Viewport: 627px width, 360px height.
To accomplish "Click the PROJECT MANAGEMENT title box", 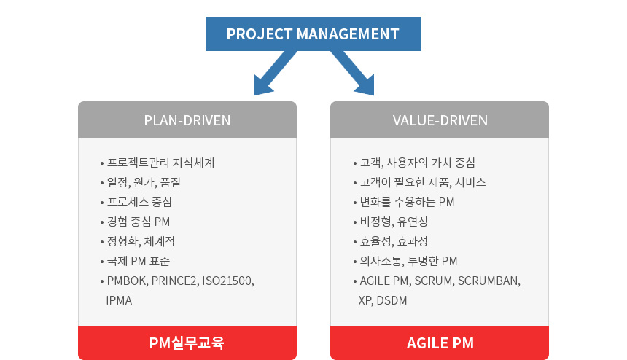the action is click(x=313, y=34).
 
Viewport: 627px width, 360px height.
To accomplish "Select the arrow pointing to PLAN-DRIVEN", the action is click(x=275, y=73).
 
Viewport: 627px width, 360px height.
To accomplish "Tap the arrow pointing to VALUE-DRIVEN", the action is click(x=353, y=73).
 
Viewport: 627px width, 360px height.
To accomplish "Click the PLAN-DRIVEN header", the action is click(x=187, y=120).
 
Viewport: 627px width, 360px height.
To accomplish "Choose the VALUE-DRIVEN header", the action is click(x=440, y=120).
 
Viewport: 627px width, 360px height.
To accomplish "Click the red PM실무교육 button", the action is click(x=187, y=343).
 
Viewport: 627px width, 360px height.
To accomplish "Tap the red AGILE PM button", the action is click(x=440, y=343).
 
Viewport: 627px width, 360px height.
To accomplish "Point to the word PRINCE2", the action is click(x=175, y=281).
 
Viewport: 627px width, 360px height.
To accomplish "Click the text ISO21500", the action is click(x=228, y=281).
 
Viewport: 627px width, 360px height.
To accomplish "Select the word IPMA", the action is click(x=119, y=300).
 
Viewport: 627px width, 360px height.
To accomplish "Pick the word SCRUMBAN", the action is click(x=489, y=281).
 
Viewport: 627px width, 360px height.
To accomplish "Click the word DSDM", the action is click(x=392, y=300).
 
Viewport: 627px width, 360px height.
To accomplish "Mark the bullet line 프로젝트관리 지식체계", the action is click(x=157, y=163).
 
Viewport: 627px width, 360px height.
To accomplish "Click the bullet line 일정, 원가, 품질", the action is click(x=141, y=183).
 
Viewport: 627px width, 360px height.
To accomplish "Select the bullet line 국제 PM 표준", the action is click(x=135, y=261).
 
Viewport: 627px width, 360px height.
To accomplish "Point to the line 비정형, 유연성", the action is click(x=390, y=222).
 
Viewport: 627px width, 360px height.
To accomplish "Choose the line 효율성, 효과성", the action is click(x=390, y=241).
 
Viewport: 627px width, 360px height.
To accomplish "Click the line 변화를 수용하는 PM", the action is click(x=404, y=202).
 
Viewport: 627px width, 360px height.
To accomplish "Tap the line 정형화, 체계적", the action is click(x=138, y=241).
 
